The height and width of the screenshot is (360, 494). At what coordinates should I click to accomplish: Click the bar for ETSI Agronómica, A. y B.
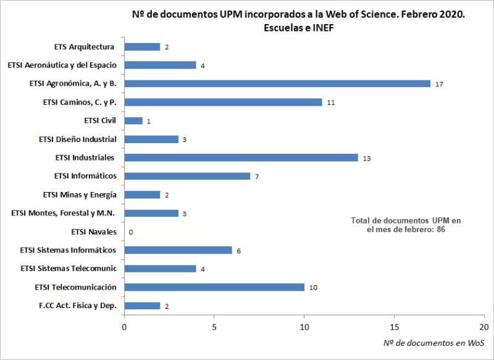coord(277,83)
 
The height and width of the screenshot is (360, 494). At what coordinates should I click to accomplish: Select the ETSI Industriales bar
coord(241,157)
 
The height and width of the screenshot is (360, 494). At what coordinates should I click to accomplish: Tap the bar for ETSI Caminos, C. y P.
coord(223,102)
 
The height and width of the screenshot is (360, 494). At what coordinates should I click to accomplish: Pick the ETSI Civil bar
coord(133,120)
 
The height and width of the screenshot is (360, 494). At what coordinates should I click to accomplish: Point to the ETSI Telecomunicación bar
coord(214,287)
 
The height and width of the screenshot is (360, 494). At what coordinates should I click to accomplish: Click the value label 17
coord(439,84)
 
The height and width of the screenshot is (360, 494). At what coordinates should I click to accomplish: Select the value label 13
coord(367,158)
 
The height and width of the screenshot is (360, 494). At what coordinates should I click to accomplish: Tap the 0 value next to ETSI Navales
coord(131,232)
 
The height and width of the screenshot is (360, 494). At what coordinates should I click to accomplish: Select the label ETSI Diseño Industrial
coord(77,139)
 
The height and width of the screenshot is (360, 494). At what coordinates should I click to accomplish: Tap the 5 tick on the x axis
coord(214,326)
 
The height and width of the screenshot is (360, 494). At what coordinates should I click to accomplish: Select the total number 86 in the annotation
coord(440,229)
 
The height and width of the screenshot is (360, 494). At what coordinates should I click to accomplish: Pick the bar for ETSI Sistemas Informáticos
coord(178,250)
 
